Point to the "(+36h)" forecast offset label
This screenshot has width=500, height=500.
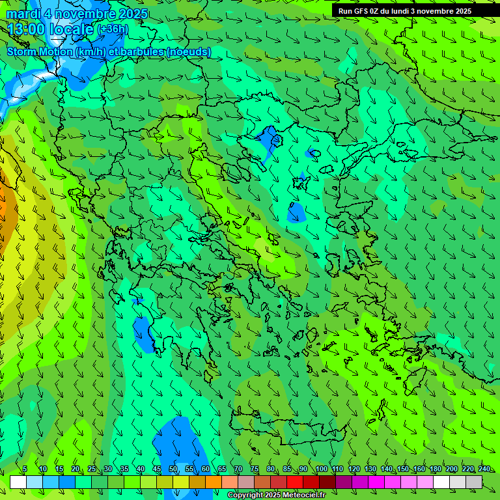pos(113,29)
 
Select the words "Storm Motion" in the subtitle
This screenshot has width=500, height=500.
pos(38,51)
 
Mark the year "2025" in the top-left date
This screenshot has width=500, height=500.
pos(133,14)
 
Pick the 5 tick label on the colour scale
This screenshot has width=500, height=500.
pos(25,469)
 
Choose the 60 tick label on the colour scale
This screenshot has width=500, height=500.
pos(205,469)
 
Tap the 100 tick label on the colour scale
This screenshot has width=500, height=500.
pos(321,469)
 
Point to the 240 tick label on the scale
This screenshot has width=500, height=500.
pos(484,469)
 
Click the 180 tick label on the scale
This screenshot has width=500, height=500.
pos(435,469)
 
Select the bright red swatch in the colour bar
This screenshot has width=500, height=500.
pos(295,482)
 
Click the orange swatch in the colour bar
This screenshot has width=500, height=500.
pos(214,482)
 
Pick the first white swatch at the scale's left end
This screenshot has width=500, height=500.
pos(18,482)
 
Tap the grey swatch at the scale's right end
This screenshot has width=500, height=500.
pos(474,482)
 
